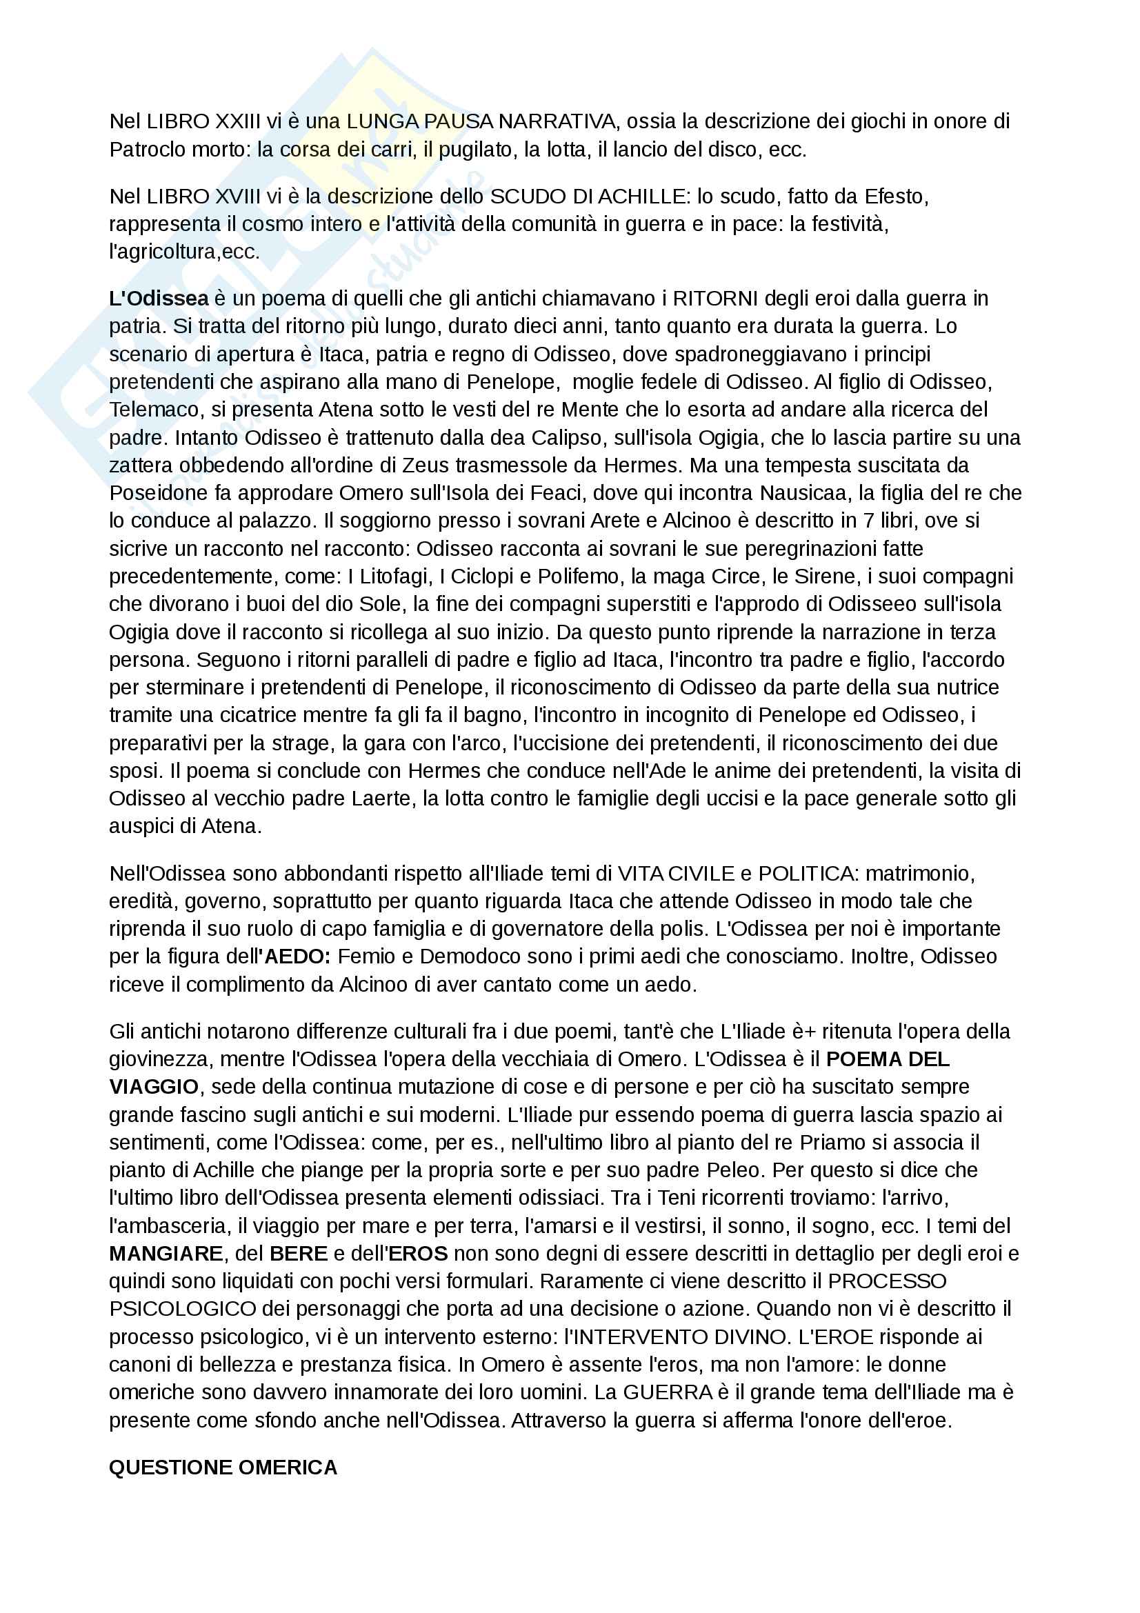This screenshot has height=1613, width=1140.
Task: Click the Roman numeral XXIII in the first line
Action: click(x=237, y=121)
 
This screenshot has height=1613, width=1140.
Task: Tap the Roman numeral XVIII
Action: click(x=237, y=196)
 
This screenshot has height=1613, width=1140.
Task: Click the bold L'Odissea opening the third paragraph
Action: click(x=159, y=299)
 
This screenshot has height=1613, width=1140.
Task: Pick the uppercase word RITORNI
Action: click(x=715, y=299)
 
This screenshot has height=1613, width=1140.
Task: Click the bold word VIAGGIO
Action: click(x=154, y=1087)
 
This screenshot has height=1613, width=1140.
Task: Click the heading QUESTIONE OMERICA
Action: click(x=223, y=1467)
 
